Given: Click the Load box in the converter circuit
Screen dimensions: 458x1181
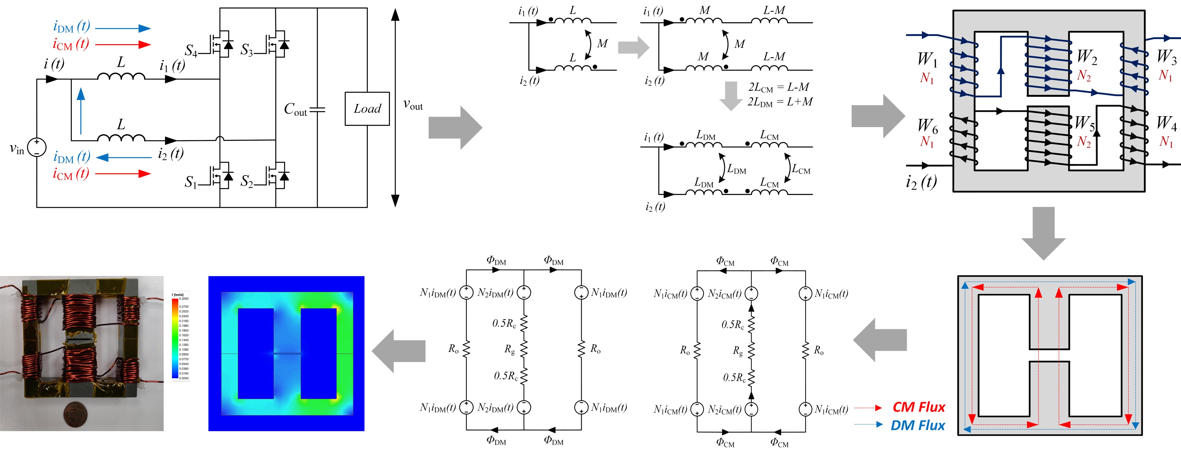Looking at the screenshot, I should point(367,109).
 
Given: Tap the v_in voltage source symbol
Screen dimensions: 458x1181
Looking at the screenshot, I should point(37,147).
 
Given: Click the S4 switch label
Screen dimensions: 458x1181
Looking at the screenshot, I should point(191,50).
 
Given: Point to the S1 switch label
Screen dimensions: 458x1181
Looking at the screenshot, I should point(190,182).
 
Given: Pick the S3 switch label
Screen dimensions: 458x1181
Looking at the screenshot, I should point(247,50).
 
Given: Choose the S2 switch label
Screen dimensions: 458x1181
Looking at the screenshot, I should point(247,181).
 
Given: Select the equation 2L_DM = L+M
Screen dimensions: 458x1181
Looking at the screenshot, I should point(780,102).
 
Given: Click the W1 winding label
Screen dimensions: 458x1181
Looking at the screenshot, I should point(927,60).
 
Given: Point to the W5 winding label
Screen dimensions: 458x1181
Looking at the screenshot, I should point(1085,123).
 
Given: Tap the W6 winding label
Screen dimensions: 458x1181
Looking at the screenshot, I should point(927,125).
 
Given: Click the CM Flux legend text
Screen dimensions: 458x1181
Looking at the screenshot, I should point(918,407).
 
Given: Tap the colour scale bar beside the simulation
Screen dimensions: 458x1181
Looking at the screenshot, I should point(175,338).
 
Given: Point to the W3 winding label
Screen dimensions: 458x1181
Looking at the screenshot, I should point(1166,57).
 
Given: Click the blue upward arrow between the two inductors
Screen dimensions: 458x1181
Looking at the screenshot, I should point(81,110).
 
